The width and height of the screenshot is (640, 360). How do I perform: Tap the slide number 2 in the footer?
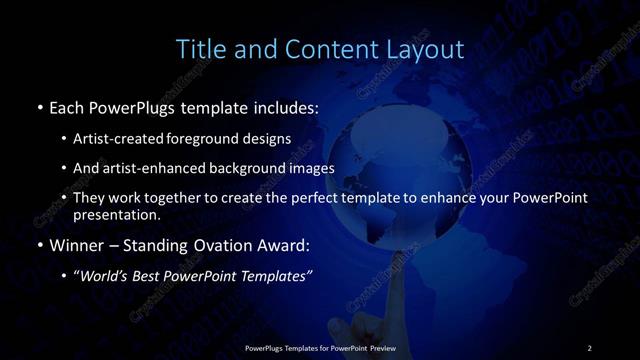point(589,347)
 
